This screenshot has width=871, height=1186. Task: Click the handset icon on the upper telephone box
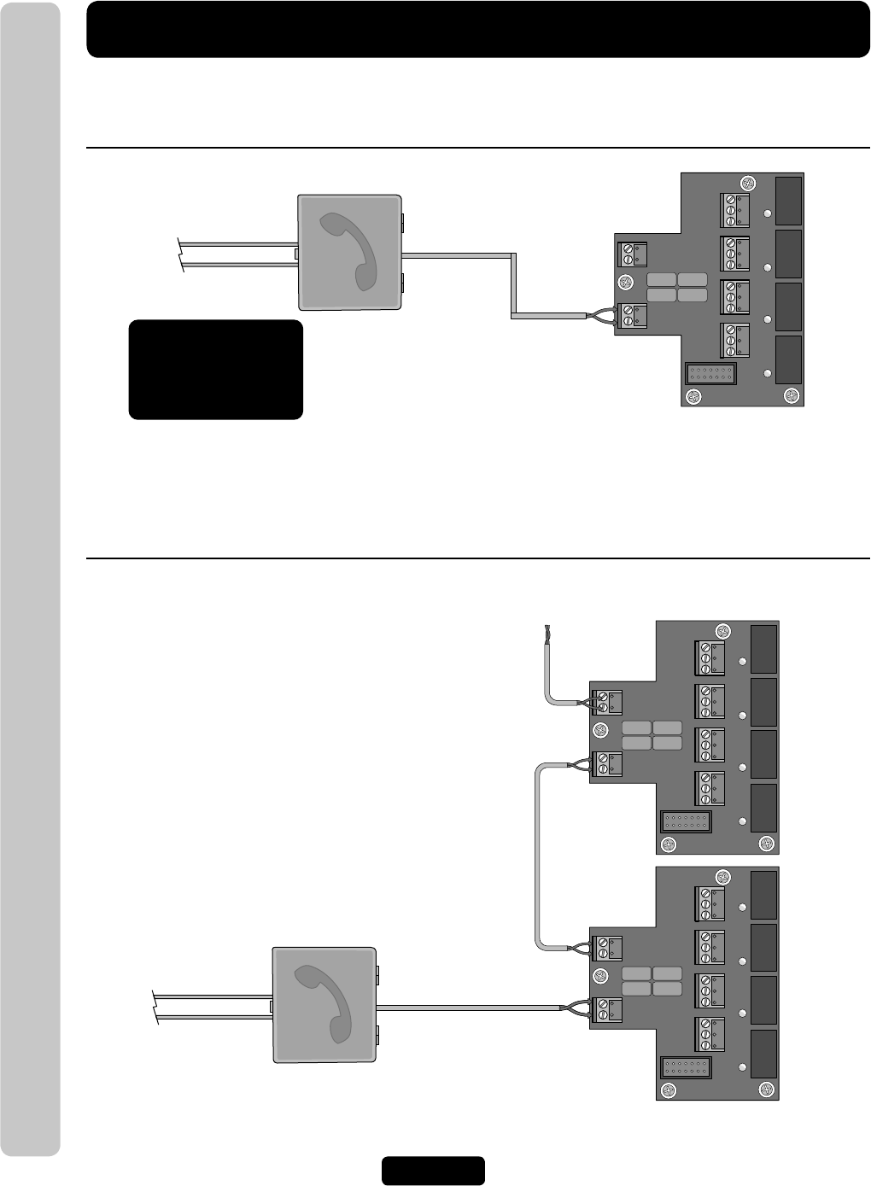click(x=348, y=251)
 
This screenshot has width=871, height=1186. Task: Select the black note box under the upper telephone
click(x=215, y=370)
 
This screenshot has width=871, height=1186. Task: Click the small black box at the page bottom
click(x=433, y=1171)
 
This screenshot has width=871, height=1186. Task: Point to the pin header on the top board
click(x=710, y=374)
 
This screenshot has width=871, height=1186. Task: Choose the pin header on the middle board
click(x=686, y=822)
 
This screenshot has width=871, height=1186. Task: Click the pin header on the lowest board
click(x=686, y=1068)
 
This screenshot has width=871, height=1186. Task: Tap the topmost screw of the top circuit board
click(x=748, y=183)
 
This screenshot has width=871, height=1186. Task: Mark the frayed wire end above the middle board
click(x=543, y=634)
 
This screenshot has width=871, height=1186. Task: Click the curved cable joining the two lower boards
click(x=537, y=854)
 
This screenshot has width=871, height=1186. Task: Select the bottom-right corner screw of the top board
click(x=792, y=395)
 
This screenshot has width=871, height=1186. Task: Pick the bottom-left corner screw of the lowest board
click(x=669, y=1090)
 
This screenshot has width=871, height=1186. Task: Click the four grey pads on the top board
click(x=676, y=287)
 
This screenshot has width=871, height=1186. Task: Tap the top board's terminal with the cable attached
click(x=633, y=316)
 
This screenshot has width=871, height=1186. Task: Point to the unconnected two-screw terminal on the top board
click(x=633, y=254)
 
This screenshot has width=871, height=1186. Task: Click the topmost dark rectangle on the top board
click(x=789, y=200)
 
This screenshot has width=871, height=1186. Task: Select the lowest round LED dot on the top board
click(x=768, y=373)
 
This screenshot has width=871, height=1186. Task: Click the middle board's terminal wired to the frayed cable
click(x=607, y=702)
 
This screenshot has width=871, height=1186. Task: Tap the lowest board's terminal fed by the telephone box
click(x=607, y=1009)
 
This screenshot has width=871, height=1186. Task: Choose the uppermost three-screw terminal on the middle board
click(x=710, y=657)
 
